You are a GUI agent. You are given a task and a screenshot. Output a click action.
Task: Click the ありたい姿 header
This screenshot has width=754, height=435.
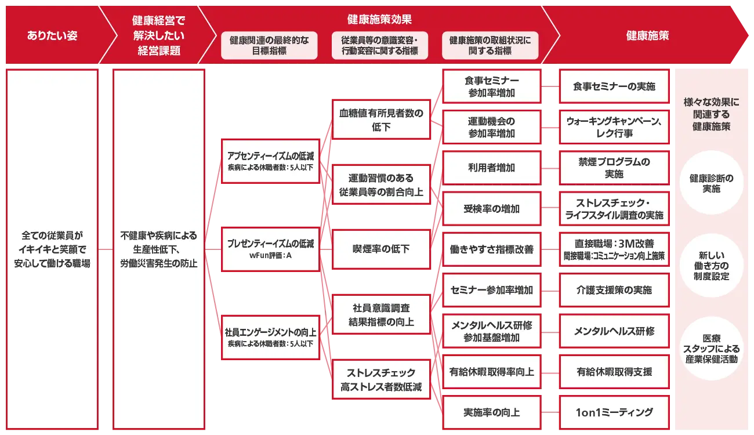coord(52,35)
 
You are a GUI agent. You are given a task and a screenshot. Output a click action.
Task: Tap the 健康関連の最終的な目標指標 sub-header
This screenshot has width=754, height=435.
coord(269,45)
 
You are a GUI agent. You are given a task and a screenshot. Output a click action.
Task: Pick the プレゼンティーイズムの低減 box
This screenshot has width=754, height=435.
coord(270,249)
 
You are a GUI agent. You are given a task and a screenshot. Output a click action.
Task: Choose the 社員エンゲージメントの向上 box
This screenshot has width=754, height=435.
coord(270,337)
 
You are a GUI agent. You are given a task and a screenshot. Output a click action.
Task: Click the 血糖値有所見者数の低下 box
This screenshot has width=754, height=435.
coord(381,119)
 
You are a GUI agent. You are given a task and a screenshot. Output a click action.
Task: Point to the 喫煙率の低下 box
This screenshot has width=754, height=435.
coord(381,249)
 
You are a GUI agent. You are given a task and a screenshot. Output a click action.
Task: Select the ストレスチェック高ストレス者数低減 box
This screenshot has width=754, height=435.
coord(381,379)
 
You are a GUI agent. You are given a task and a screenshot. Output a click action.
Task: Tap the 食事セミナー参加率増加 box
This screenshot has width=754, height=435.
coord(491,86)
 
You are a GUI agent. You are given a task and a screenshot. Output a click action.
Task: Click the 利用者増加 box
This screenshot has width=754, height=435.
coord(491,168)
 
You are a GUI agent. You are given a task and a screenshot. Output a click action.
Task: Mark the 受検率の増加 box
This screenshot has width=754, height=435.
coord(491,209)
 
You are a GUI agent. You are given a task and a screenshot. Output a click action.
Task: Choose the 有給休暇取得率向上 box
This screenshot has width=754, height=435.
coord(491,372)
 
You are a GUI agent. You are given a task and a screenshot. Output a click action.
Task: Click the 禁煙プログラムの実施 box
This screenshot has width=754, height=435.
coord(614,168)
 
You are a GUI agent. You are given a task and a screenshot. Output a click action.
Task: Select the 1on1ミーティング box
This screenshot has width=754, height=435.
coord(614,412)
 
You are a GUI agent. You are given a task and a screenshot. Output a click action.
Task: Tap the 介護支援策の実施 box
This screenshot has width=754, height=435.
coord(614,290)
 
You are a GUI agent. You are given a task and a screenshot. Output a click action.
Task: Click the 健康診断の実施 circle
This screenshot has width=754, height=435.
coord(711,183)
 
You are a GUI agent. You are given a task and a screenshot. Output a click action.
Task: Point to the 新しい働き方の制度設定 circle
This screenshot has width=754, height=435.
coord(711,266)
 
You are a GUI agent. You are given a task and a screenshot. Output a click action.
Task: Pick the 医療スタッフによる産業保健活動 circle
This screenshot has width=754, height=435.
coord(711,348)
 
